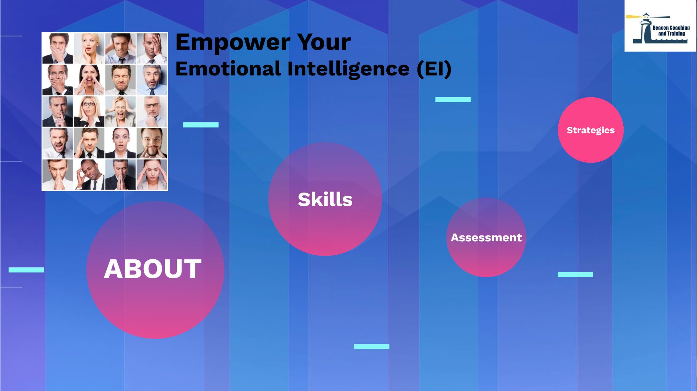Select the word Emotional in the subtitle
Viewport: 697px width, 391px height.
coord(228,69)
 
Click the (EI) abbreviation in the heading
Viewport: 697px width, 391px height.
coord(434,69)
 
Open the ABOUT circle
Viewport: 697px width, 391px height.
coord(155,270)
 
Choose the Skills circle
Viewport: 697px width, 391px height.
coord(325,199)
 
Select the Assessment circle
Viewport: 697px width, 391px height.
coord(486,237)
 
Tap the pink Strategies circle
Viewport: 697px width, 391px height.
coord(591,130)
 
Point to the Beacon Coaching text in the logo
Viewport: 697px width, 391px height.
coord(671,28)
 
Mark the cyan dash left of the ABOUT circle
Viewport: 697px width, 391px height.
coord(26,270)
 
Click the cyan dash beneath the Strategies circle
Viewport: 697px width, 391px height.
coord(575,275)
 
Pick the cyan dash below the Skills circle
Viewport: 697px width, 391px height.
coord(371,346)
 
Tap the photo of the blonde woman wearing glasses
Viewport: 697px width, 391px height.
coord(89,111)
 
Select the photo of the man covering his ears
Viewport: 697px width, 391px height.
coord(121,48)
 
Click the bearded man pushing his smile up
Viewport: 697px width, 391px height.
coord(152,143)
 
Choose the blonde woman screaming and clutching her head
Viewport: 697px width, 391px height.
coord(121,111)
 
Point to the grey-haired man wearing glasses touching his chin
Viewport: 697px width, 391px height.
coord(152,111)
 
